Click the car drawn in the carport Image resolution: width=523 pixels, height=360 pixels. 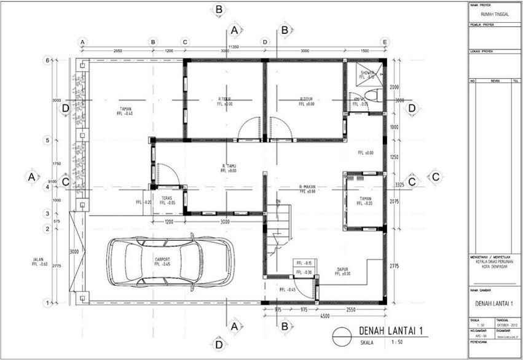[170, 262]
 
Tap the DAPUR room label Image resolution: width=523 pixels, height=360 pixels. [343, 268]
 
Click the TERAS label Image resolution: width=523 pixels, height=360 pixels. [167, 198]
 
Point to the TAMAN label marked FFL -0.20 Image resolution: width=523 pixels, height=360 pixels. [365, 198]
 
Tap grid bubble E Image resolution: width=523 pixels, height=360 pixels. [385, 42]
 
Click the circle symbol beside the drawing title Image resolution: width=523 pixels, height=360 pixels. [341, 337]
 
